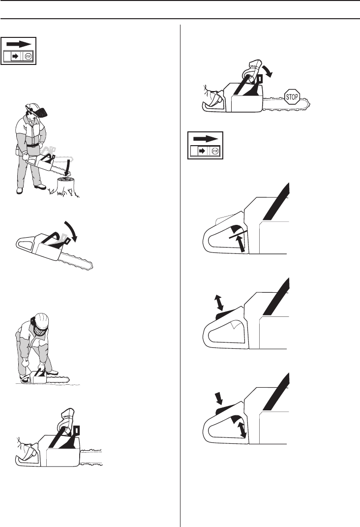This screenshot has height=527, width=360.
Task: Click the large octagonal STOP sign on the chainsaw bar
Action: pyautogui.click(x=292, y=97)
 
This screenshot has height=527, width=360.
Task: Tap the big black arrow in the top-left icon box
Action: pyautogui.click(x=19, y=44)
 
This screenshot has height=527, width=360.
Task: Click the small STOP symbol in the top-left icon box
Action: pyautogui.click(x=28, y=56)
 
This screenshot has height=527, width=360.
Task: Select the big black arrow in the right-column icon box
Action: pyautogui.click(x=206, y=138)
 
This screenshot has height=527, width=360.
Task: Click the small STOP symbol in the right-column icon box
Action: pyautogui.click(x=215, y=151)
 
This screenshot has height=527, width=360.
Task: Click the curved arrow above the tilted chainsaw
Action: pyautogui.click(x=71, y=231)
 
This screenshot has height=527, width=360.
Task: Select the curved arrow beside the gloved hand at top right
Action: pyautogui.click(x=267, y=70)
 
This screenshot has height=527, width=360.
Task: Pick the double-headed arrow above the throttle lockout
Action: pyautogui.click(x=219, y=302)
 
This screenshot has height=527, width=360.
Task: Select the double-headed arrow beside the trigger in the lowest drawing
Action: pyautogui.click(x=242, y=430)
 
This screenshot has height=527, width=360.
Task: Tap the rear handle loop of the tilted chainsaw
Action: pyautogui.click(x=25, y=244)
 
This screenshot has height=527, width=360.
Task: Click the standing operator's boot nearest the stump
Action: pyautogui.click(x=40, y=186)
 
